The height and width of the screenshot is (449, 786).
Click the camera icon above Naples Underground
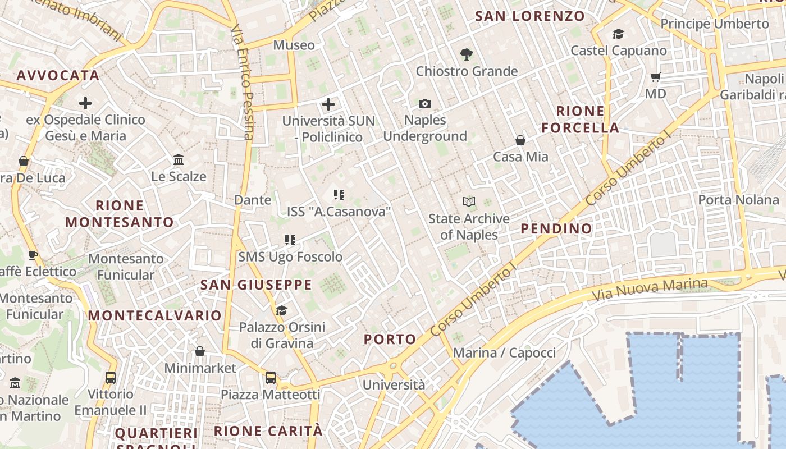tap(425, 103)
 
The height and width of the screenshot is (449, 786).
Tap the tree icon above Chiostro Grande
tap(466, 54)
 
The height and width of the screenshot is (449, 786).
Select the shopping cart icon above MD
tap(655, 77)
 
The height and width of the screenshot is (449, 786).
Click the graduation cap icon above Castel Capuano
tap(618, 34)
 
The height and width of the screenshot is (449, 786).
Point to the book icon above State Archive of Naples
tap(468, 201)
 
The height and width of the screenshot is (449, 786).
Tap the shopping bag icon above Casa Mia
tap(520, 140)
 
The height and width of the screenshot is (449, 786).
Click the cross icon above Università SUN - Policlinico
tap(328, 104)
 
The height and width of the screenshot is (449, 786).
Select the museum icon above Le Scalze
tap(179, 160)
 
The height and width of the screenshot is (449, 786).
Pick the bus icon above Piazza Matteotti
tap(271, 378)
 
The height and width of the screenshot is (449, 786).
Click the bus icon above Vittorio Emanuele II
tap(111, 378)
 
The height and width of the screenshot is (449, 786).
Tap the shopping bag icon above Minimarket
tap(200, 352)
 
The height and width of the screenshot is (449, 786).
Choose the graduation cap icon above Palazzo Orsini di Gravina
tap(281, 310)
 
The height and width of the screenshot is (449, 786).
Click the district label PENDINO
tap(556, 228)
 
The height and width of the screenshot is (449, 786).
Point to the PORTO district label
tap(390, 339)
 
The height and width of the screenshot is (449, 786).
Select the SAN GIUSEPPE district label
tap(256, 285)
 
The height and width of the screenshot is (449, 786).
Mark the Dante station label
tap(253, 200)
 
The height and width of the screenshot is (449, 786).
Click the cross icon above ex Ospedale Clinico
tap(85, 103)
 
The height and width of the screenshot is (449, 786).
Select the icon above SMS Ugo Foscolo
tap(290, 240)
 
